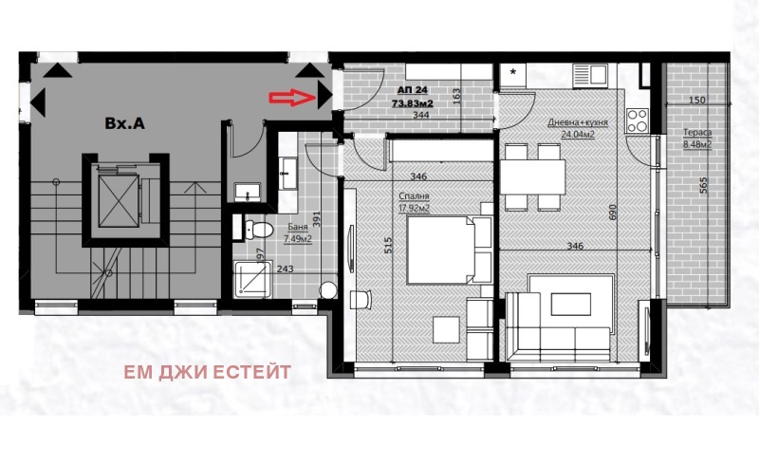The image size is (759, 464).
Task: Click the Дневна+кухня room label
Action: (578, 123)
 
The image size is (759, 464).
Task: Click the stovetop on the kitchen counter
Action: (637, 121)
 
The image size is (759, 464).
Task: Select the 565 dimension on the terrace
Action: (703, 187)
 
